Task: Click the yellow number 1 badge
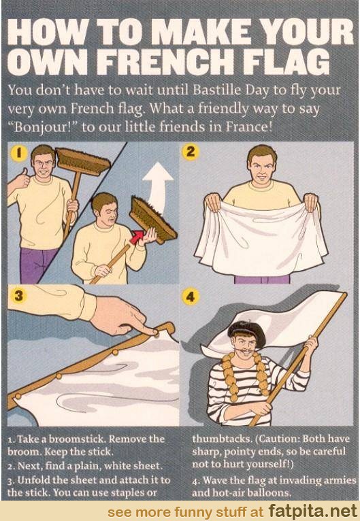point(19,153)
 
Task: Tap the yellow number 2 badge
point(191,152)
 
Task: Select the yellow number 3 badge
point(19,295)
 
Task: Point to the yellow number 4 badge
point(191,296)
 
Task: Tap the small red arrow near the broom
point(137,237)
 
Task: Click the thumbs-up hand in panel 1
point(20,180)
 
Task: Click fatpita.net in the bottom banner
point(312,511)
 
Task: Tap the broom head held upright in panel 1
point(83,162)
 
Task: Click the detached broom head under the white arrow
point(152,220)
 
